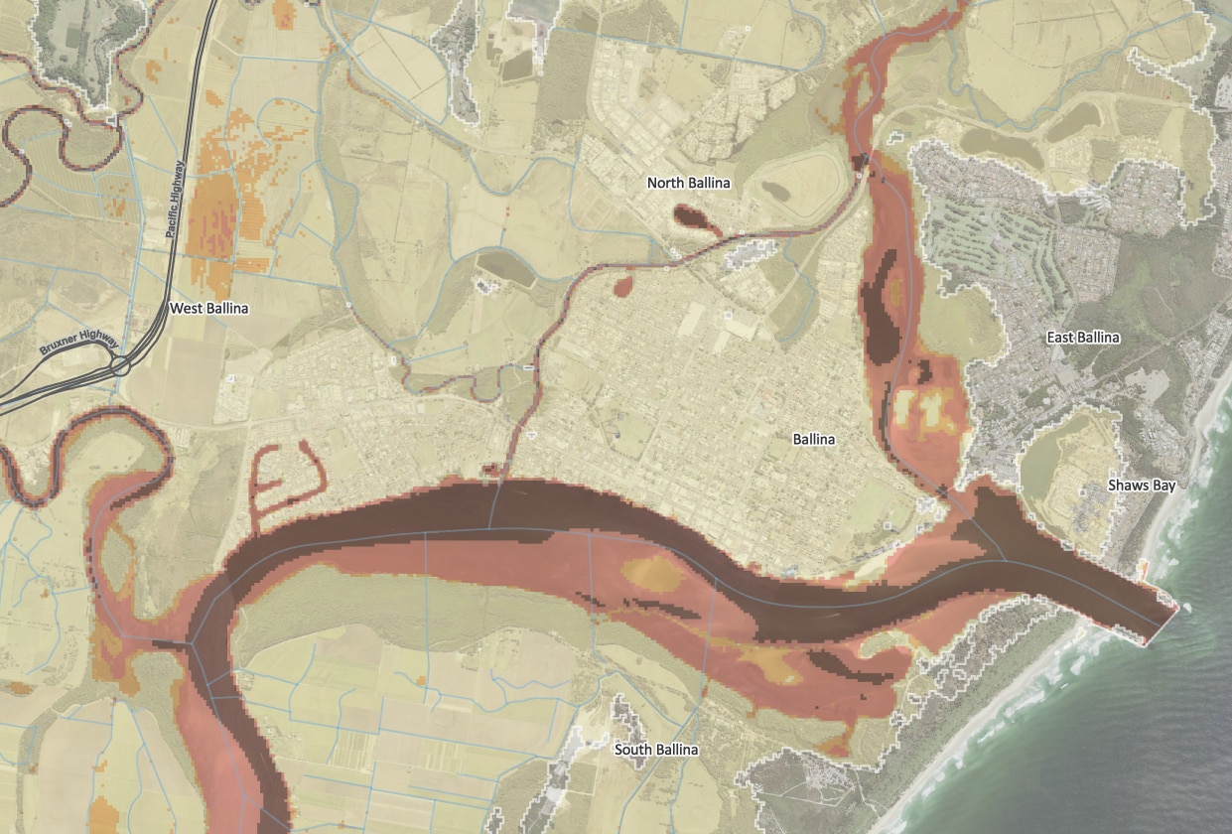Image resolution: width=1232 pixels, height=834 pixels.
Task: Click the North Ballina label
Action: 688,183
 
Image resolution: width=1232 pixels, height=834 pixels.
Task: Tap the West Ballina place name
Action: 208,309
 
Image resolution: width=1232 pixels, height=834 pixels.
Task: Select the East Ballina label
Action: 1083,338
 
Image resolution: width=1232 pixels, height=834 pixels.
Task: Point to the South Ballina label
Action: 656,750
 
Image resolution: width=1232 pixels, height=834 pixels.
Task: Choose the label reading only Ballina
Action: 814,439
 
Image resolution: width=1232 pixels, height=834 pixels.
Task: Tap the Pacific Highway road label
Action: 177,199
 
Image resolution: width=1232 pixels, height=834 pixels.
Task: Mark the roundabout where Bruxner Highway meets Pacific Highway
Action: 121,366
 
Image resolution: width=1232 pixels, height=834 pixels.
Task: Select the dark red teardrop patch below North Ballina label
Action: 694,217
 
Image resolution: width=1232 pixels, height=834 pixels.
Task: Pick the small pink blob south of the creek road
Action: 623,288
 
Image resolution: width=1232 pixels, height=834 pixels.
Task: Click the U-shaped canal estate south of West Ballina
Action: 288,472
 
